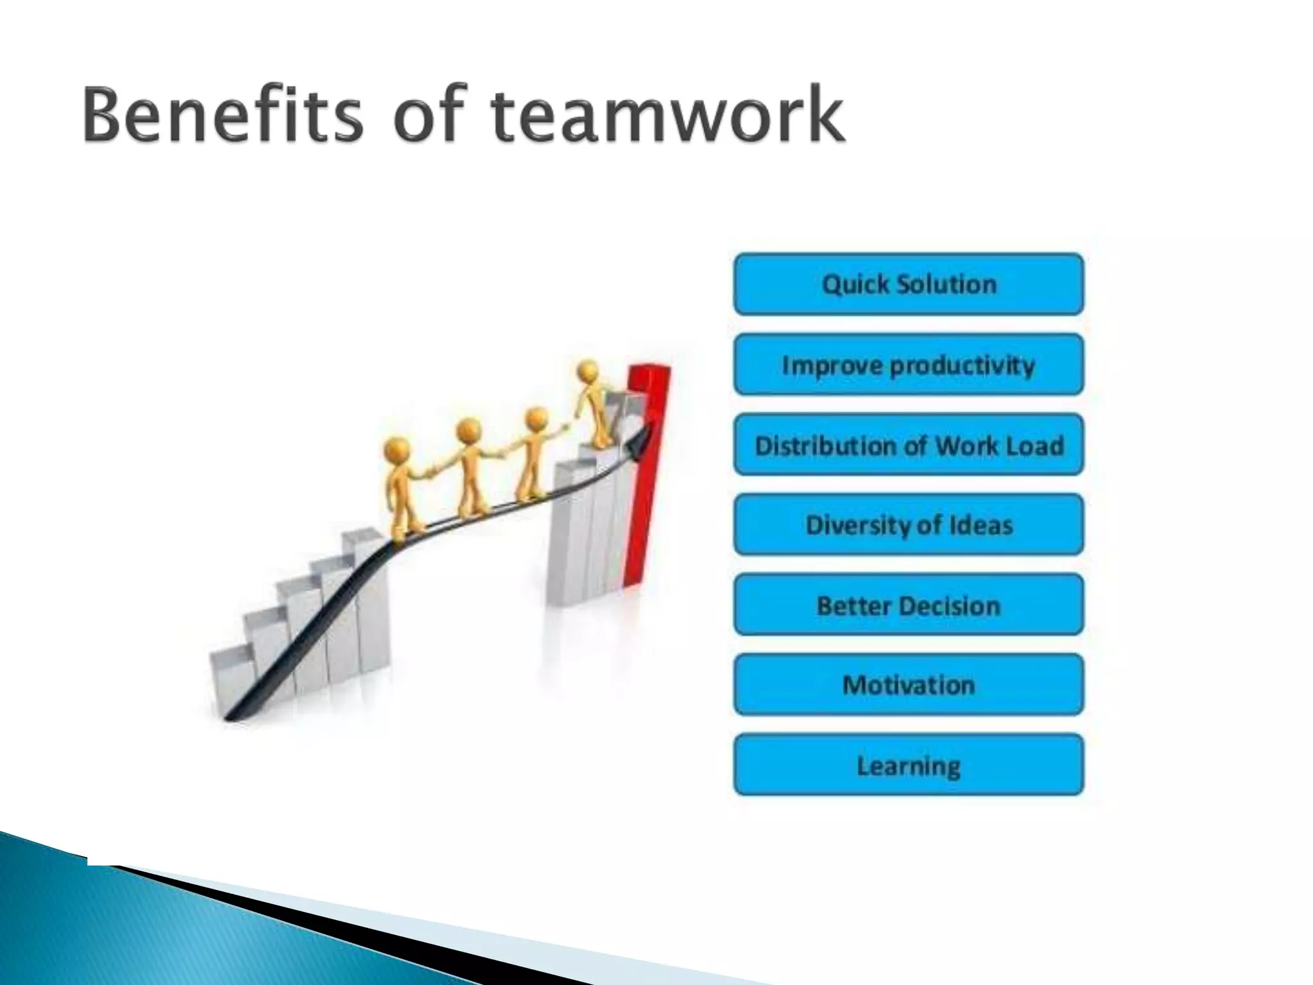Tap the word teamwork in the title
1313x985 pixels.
click(667, 116)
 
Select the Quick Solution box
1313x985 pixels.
click(908, 284)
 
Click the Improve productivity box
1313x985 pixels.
click(908, 364)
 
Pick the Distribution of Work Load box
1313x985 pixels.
click(908, 445)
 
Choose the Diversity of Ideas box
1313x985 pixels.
click(908, 525)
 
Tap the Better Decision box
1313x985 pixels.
click(908, 605)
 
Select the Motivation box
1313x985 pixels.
click(908, 685)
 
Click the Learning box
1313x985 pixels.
click(908, 765)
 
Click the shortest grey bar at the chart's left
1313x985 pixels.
click(230, 680)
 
